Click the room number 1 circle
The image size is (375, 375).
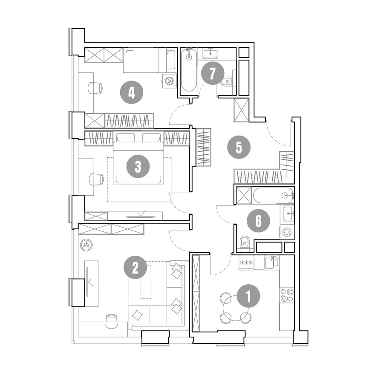coord(248,296)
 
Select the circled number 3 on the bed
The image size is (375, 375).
coord(138,167)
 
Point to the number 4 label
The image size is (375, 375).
coord(132,92)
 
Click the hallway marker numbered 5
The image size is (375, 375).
coord(239,147)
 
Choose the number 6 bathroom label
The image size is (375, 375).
coord(259,221)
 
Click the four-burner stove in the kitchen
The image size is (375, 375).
coord(287,295)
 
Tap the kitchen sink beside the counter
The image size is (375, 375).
coord(272,262)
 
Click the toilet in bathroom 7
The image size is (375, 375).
coord(226,82)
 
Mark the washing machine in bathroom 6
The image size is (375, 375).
coord(287,232)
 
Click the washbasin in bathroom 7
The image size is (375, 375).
coord(211,53)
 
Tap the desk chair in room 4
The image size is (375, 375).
coord(95,88)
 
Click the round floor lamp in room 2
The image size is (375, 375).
coord(87,245)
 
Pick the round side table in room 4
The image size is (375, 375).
coord(170,81)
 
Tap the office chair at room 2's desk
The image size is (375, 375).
coord(112,321)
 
